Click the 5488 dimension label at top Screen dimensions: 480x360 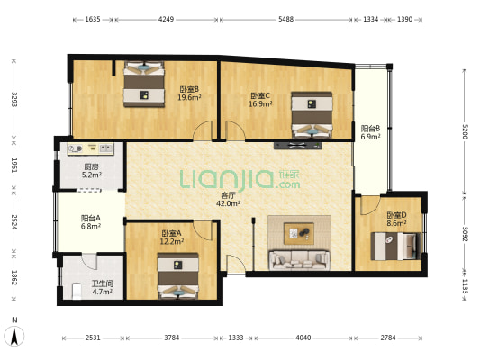(x=285, y=19)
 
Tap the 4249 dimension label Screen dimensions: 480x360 (x=166, y=19)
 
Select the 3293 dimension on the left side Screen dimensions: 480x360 (x=14, y=99)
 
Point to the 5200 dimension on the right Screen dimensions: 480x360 (x=465, y=131)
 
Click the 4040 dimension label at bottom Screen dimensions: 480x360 (x=303, y=337)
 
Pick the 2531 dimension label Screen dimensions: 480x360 (x=93, y=337)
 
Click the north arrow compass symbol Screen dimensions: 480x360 (x=14, y=336)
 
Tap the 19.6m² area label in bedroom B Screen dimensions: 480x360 (x=189, y=97)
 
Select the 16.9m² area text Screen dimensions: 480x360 (x=260, y=104)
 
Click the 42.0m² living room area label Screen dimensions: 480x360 (x=228, y=203)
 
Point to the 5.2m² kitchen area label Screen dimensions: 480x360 (x=92, y=175)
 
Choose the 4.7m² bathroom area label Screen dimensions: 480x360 (x=103, y=292)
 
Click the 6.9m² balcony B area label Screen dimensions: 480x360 (x=370, y=137)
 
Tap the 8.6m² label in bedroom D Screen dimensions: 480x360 (x=396, y=223)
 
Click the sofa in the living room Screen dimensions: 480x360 (x=299, y=260)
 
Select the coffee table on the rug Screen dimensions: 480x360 (x=299, y=234)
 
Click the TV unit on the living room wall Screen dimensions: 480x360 (x=298, y=146)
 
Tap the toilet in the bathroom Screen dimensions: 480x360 (x=77, y=292)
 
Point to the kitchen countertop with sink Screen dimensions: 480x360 (x=91, y=149)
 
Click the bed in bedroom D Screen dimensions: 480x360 (x=396, y=247)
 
